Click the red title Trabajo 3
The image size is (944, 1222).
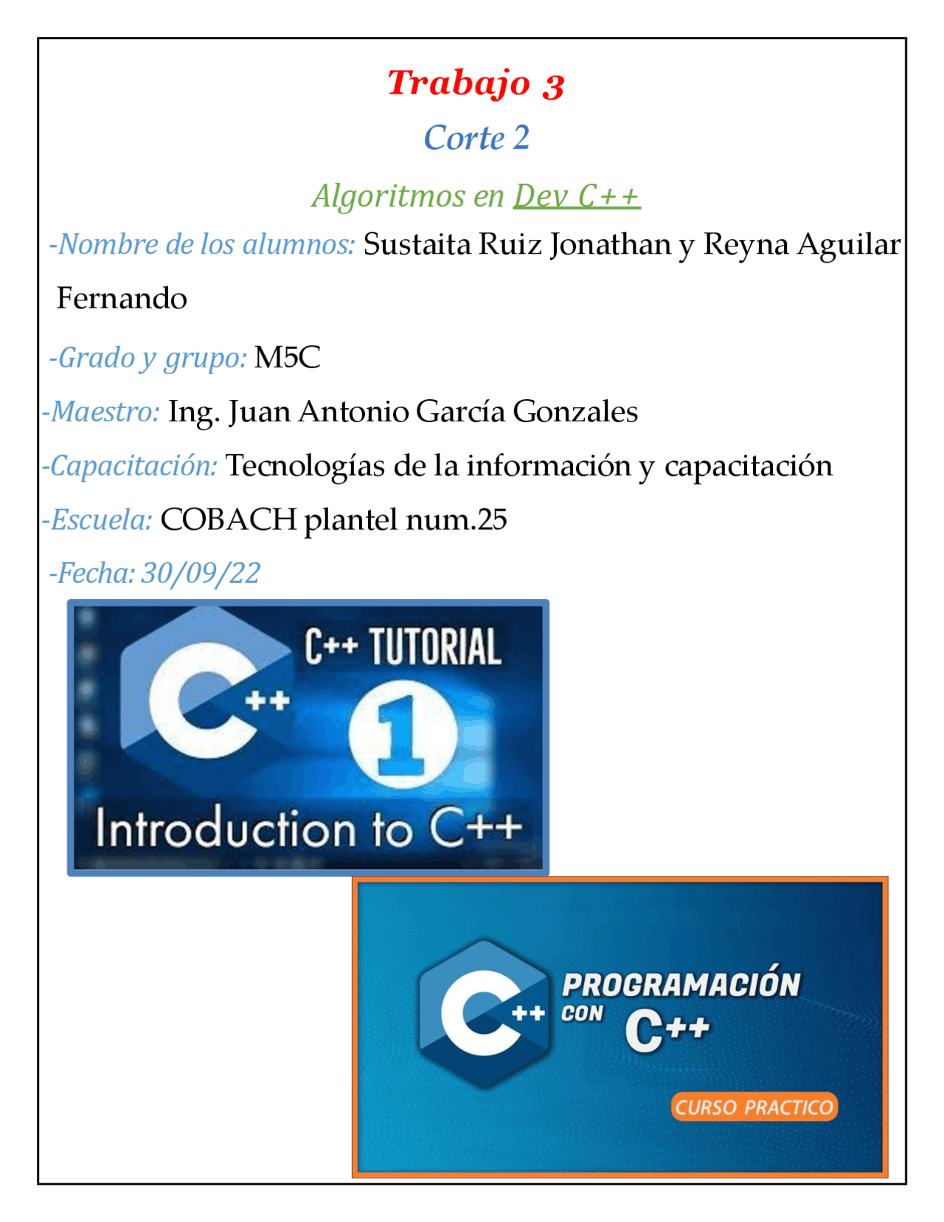click(476, 83)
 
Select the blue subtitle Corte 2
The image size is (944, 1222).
click(476, 138)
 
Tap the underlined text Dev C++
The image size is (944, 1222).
click(577, 196)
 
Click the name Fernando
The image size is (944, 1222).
click(122, 299)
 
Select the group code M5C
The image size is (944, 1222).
click(287, 358)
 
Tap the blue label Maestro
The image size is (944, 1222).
click(104, 412)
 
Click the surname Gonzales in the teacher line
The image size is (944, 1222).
click(575, 412)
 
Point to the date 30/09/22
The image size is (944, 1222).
click(201, 573)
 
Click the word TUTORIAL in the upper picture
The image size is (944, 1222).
click(435, 647)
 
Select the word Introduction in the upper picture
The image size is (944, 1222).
click(225, 829)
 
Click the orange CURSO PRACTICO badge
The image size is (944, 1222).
click(754, 1107)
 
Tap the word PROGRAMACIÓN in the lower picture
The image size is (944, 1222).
click(681, 985)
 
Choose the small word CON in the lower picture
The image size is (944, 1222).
click(582, 1014)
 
